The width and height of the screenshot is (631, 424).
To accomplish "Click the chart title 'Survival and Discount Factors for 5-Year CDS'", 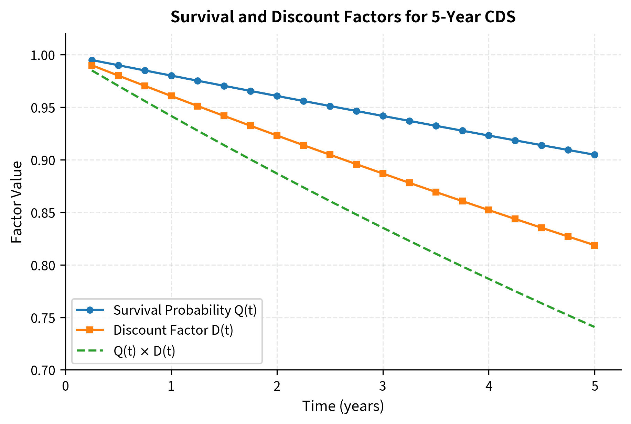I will tap(343, 17).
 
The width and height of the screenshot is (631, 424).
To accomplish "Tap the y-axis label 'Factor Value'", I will tap(17, 202).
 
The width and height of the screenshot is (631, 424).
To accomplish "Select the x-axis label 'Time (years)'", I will tap(343, 406).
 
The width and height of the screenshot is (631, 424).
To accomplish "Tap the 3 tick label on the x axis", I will tap(383, 387).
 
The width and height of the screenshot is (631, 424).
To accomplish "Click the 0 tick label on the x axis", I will tap(65, 387).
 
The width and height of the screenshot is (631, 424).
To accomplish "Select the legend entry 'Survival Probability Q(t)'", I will tap(185, 310).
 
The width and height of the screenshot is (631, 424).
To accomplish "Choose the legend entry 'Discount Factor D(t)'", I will tap(173, 330).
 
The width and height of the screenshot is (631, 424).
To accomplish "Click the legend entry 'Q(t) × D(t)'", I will tap(145, 351).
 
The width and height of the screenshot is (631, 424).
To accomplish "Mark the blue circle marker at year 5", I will tap(595, 155).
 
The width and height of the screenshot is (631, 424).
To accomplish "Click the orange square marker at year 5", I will tap(595, 245).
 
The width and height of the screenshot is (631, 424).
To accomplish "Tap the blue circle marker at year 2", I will tap(277, 96).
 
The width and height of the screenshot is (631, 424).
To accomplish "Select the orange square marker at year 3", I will tap(383, 174).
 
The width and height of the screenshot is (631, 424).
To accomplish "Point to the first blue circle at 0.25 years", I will tap(92, 60).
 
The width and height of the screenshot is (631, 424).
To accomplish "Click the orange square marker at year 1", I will tap(171, 96).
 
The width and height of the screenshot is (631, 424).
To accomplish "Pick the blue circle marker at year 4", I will tap(489, 135).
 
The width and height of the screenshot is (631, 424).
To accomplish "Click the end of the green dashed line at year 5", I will tap(594, 327).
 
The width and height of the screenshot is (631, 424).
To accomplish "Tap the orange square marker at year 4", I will tap(489, 210).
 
